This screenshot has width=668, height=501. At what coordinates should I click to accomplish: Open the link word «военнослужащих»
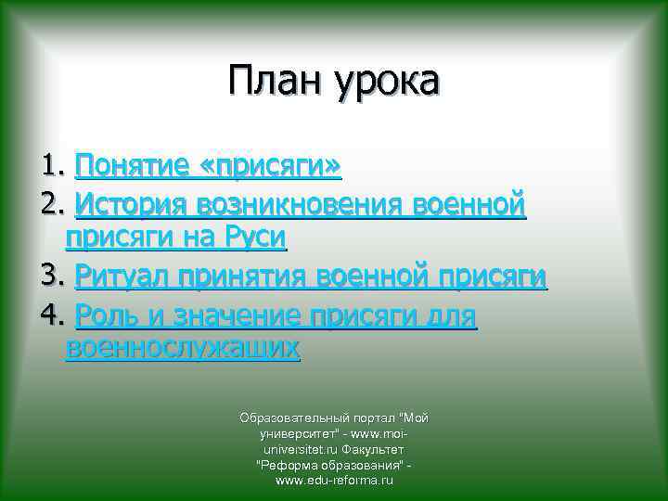tap(183, 349)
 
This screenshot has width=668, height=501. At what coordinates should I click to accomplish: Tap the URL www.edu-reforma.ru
tap(334, 482)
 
